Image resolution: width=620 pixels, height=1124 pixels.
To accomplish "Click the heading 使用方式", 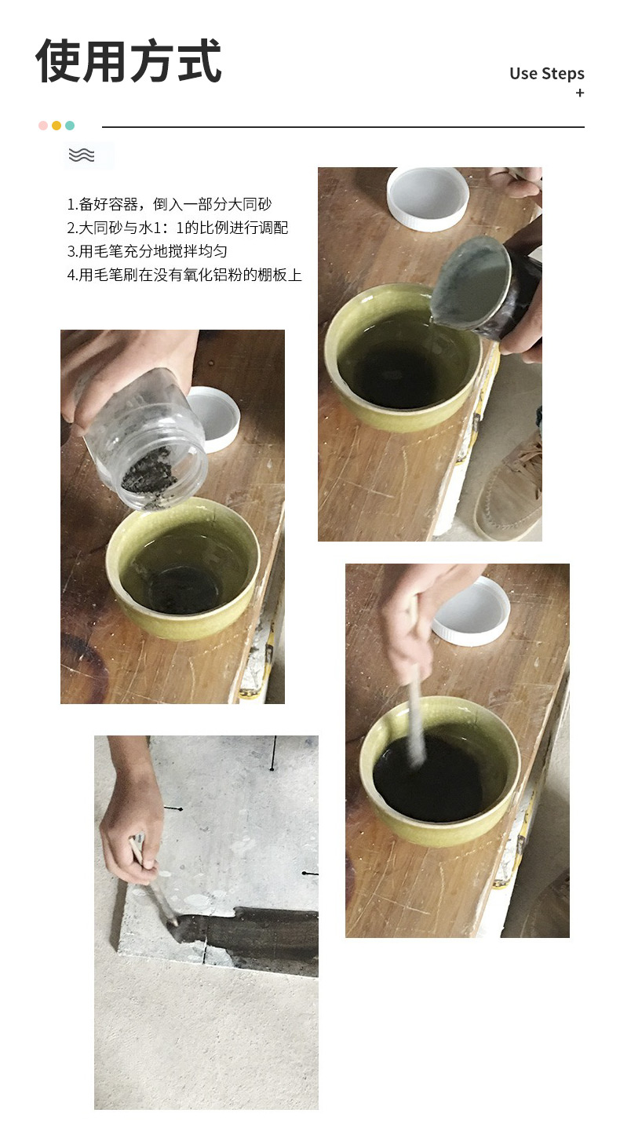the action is point(129,60).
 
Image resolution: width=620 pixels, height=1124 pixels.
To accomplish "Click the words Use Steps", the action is point(547,74).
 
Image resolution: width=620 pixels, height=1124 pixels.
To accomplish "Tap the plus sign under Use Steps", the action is point(580,93).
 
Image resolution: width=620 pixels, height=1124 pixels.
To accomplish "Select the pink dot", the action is point(43,126).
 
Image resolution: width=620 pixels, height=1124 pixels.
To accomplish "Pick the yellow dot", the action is point(57,126).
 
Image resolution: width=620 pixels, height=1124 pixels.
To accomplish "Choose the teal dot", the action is point(70,126).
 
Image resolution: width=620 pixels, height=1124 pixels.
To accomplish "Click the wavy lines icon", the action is point(82,155).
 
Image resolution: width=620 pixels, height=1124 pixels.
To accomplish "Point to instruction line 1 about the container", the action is point(170,204).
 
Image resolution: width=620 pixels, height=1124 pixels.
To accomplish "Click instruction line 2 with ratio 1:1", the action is point(177,228).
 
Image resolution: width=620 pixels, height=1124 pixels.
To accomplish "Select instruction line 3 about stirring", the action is point(147,251).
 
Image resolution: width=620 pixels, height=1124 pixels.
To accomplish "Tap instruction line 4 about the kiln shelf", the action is point(184,275).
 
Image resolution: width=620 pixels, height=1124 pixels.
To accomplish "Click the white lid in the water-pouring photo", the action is point(428,199).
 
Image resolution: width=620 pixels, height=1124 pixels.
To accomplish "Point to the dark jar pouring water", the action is point(487,289).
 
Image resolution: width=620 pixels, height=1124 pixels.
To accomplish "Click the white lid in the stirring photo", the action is point(472,612).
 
